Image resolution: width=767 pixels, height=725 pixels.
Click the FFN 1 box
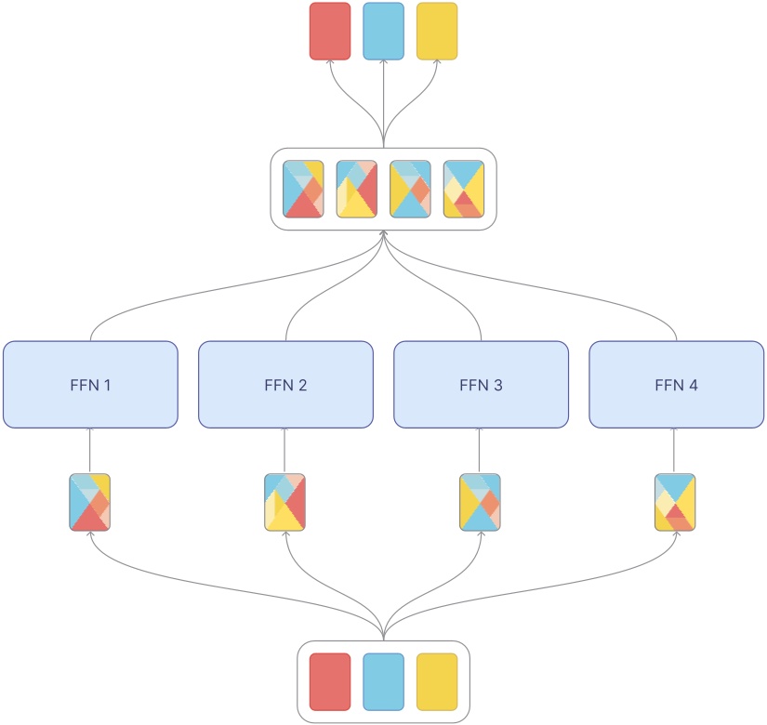(x=90, y=384)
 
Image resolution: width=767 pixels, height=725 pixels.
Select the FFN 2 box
(x=285, y=384)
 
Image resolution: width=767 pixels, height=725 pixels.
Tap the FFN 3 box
(x=481, y=384)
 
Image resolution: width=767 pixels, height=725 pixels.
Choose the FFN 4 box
(x=676, y=384)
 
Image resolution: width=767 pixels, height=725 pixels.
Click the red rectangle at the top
(x=330, y=31)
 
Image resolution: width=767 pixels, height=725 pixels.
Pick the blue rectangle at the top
(x=383, y=31)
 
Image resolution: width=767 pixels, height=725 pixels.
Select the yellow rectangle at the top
(x=437, y=31)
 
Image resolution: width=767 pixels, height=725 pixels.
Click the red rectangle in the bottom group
(x=330, y=681)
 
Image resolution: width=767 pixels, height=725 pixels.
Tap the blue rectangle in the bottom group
(x=383, y=681)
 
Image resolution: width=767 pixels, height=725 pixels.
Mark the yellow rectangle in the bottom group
(x=437, y=681)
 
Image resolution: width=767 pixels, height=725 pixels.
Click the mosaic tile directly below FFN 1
(x=90, y=503)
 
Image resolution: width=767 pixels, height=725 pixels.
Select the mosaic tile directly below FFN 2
(x=285, y=503)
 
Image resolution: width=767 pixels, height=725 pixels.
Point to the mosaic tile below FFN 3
(x=481, y=503)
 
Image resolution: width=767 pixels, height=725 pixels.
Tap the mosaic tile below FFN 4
(x=676, y=503)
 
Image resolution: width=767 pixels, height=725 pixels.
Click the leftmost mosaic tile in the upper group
(x=303, y=189)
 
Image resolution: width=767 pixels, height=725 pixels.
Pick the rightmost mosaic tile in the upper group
(x=464, y=189)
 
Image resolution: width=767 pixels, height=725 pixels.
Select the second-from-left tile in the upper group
(x=356, y=189)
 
